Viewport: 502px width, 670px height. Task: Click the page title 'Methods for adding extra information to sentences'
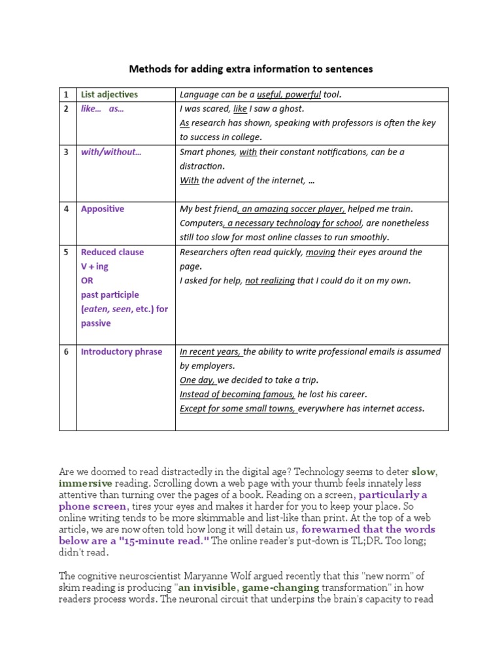pos(251,69)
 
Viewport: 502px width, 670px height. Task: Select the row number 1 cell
pos(66,94)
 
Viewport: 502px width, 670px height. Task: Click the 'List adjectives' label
pos(109,94)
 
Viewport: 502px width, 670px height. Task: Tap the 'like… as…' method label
pos(102,109)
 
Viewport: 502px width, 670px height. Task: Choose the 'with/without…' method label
pos(110,152)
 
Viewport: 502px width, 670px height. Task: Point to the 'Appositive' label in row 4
pos(102,209)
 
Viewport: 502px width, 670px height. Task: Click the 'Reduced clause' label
pos(112,252)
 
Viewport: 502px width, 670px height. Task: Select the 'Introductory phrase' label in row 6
pos(121,351)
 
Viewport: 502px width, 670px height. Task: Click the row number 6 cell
pos(66,351)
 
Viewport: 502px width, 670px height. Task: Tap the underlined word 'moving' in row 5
pos(320,252)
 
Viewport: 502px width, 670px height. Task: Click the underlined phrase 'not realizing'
pos(269,281)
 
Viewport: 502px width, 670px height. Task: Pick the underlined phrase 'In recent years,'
pos(210,351)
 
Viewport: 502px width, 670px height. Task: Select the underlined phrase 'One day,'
pos(197,380)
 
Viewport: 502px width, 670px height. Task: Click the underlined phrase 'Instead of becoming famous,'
pos(237,395)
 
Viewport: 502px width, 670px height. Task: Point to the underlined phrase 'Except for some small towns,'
pos(239,409)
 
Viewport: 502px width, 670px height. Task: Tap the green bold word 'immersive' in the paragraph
pos(84,483)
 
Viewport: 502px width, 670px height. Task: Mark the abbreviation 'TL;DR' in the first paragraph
pos(359,540)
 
